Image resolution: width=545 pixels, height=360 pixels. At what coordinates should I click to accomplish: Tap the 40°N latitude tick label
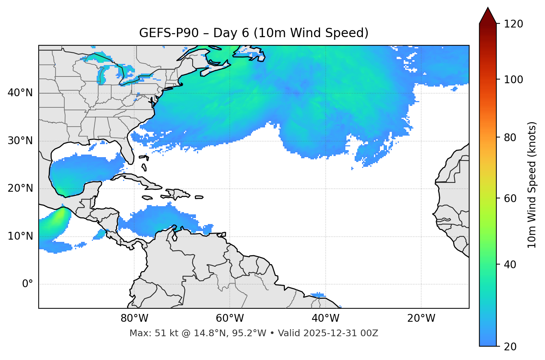tap(20, 93)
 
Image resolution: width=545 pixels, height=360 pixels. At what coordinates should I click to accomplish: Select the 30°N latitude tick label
tap(20, 141)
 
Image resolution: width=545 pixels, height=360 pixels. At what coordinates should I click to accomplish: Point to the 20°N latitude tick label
tap(20, 188)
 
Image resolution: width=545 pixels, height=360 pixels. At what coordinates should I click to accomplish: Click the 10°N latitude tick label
tap(20, 236)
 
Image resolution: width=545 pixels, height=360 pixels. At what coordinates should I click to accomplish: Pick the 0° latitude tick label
tap(28, 284)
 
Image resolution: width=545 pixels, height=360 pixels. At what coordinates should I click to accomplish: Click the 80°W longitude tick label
tap(134, 318)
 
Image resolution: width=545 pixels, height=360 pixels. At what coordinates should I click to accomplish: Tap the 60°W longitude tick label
tap(230, 318)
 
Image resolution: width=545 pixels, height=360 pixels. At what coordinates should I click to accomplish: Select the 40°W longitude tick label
tap(326, 318)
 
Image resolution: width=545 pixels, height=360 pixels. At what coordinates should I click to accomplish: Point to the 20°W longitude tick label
tap(421, 318)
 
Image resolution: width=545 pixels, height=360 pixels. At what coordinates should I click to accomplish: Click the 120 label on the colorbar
tap(513, 24)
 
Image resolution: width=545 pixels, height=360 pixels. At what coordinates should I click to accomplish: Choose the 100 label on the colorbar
tap(513, 80)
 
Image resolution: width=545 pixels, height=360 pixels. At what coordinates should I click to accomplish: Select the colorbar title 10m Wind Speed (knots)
tap(532, 185)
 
